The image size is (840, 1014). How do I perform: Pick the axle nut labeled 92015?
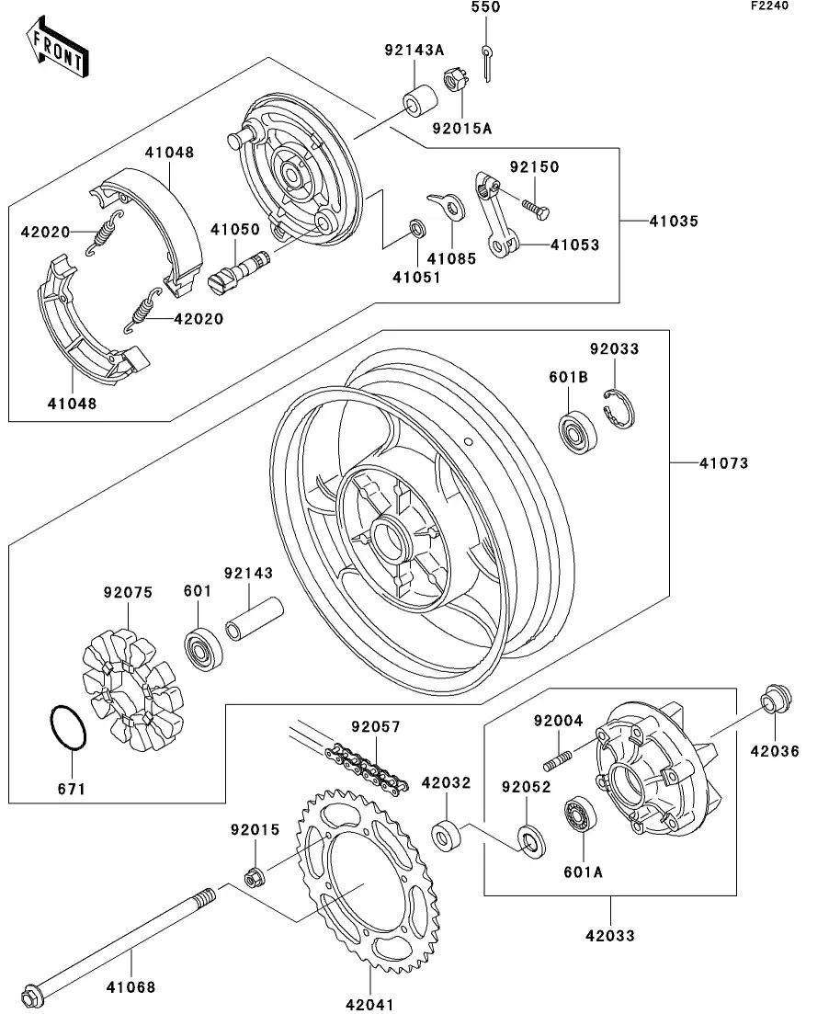(255, 876)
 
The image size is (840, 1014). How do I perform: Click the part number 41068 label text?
(131, 988)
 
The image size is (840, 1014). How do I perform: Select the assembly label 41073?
(724, 463)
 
